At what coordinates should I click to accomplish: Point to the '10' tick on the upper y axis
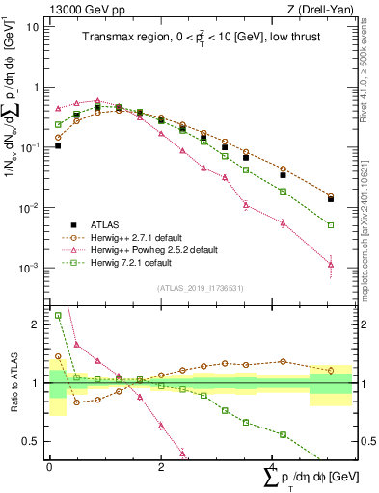point(32,26)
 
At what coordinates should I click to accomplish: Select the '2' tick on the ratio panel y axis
point(36,324)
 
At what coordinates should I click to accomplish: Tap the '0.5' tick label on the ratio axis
point(32,441)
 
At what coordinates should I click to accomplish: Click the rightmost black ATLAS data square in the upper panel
point(331,199)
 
